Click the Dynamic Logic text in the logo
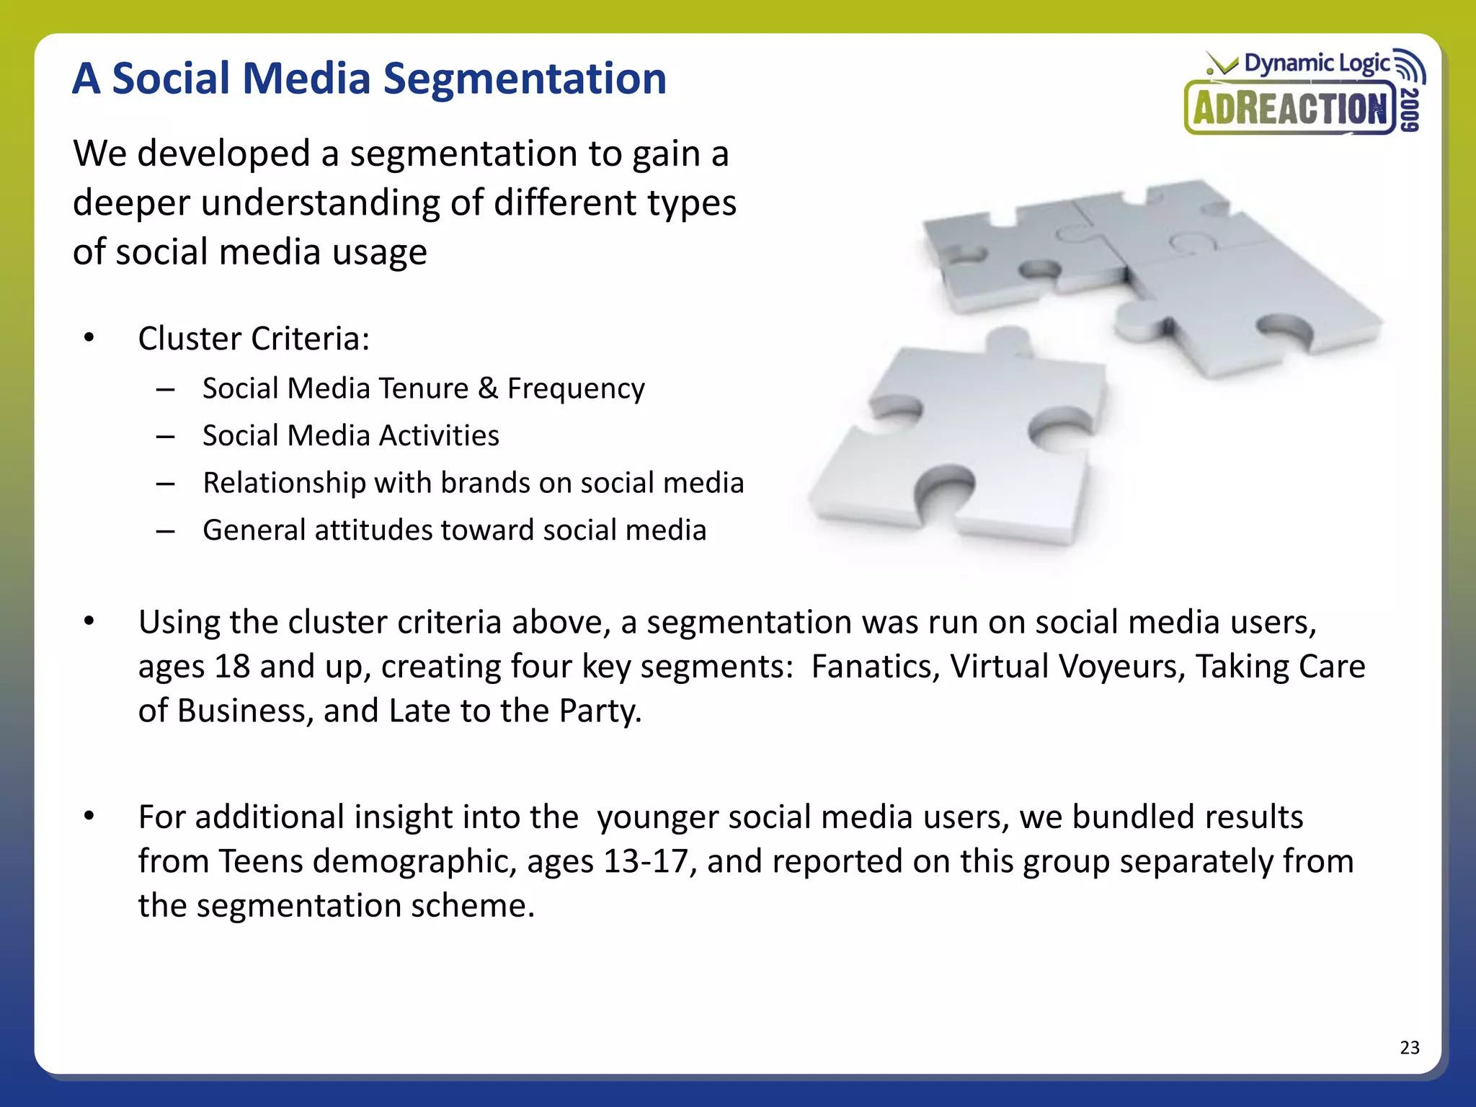[x=1317, y=63]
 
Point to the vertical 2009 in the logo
[x=1411, y=109]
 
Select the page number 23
[x=1409, y=1047]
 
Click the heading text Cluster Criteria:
[x=254, y=339]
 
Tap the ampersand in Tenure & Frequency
[x=488, y=388]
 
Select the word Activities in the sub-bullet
[x=439, y=436]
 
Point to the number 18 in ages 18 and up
[x=232, y=667]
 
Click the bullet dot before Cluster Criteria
[x=89, y=338]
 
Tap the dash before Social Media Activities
[x=166, y=437]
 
